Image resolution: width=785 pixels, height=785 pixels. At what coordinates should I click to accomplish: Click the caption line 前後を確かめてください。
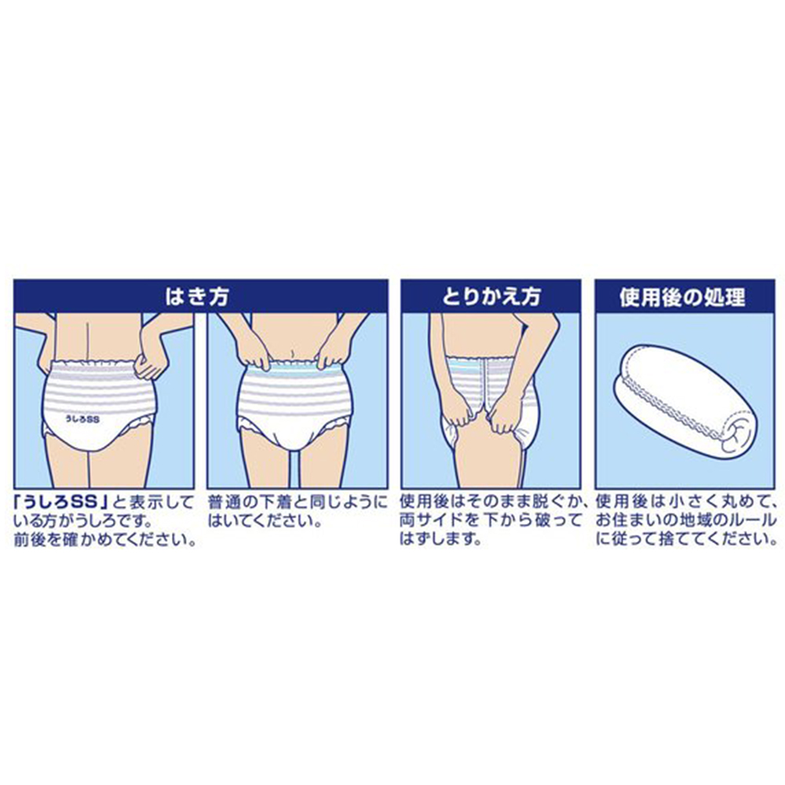click(104, 541)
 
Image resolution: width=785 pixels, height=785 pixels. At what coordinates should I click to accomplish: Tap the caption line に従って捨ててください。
click(685, 541)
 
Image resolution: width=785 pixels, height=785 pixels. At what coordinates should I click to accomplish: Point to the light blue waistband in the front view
click(296, 365)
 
